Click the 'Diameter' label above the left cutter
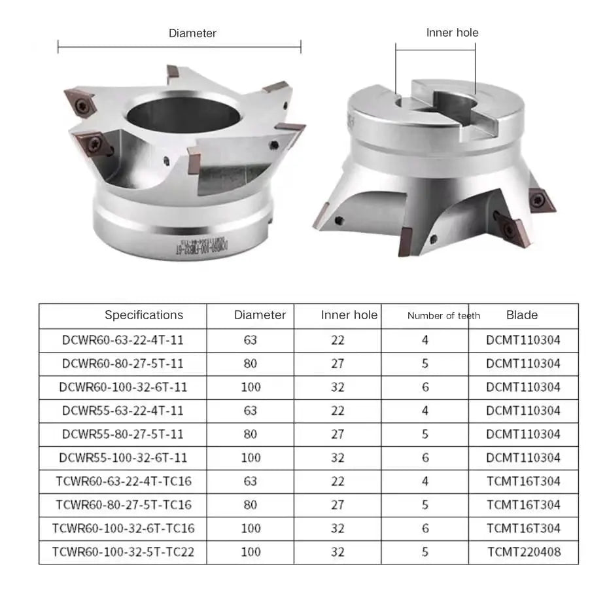[x=192, y=33]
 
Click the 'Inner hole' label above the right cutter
[x=452, y=32]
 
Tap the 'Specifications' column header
[x=144, y=315]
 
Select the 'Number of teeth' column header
[x=443, y=316]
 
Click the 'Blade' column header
[x=522, y=315]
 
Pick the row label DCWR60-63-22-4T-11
[x=123, y=340]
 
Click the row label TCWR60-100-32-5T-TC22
[x=123, y=552]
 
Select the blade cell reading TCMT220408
[x=523, y=552]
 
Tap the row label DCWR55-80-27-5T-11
[x=123, y=434]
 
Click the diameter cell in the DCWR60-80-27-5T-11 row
[x=251, y=364]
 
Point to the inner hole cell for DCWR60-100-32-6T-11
[x=338, y=387]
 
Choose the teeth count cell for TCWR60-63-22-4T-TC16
[x=425, y=481]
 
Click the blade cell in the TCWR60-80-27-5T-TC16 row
[x=523, y=505]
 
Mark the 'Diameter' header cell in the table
[x=260, y=315]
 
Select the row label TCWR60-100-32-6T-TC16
[x=123, y=529]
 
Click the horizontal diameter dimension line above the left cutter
[x=179, y=46]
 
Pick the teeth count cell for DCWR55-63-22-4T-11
[x=425, y=411]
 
